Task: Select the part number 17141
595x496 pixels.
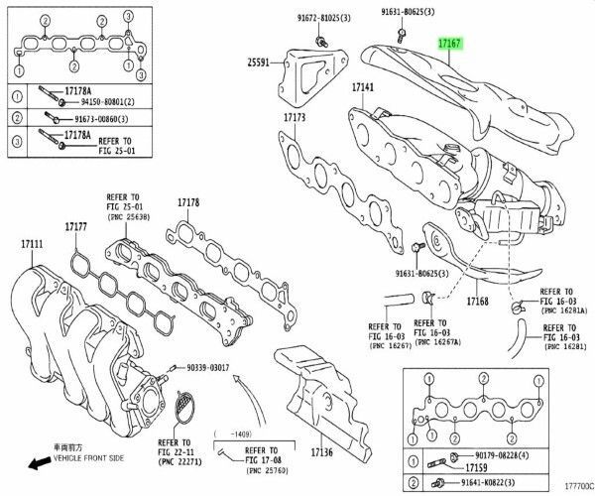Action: point(362,88)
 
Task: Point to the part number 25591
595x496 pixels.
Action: point(259,62)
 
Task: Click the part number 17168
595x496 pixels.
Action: point(479,300)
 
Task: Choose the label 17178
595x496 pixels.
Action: point(188,202)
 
